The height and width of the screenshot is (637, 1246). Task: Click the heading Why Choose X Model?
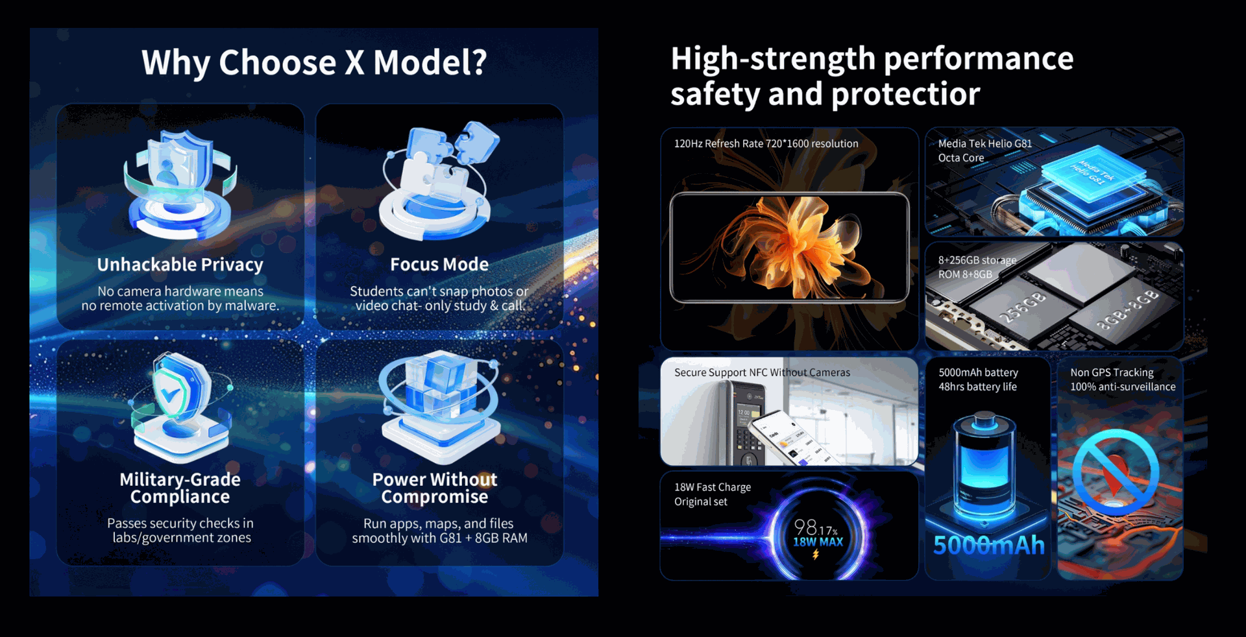(314, 63)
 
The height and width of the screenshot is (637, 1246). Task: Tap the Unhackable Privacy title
(180, 265)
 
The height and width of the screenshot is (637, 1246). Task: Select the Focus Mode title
(439, 264)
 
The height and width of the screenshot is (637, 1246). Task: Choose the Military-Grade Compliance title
(180, 488)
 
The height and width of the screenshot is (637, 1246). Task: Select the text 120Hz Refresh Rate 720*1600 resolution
(766, 143)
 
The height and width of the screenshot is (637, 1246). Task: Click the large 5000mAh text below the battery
(988, 545)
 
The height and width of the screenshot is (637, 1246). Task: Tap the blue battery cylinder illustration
(984, 464)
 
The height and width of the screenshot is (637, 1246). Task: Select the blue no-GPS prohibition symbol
(1116, 472)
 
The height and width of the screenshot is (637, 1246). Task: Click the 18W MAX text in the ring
(818, 542)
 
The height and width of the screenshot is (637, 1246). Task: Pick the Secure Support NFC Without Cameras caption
(762, 372)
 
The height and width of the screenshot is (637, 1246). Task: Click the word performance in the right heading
(979, 58)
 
